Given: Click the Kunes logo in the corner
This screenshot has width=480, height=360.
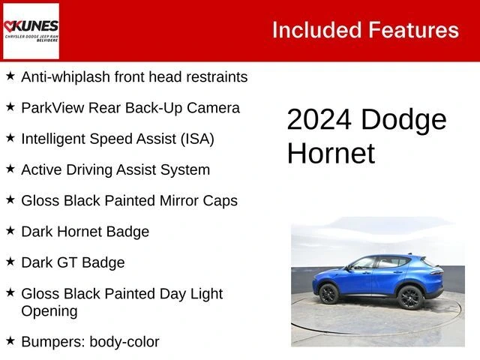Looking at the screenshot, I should coord(31,31).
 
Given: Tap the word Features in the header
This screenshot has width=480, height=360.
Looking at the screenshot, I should coord(414,30).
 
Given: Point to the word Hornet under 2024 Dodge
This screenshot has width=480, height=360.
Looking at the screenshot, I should coord(330,153).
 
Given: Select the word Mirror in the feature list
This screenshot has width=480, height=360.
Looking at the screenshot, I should coord(181,200).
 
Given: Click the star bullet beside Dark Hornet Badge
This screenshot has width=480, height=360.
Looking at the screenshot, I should coord(10,230).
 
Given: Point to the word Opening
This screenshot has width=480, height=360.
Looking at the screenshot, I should coord(49,310).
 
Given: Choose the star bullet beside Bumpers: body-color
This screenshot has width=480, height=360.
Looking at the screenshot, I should coord(10,340).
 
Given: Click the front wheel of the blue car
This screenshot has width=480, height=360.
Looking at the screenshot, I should coord(328,293).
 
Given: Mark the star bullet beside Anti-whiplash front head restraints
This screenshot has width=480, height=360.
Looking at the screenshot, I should coord(10,76).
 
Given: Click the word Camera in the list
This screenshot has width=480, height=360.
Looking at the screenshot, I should coord(213,107).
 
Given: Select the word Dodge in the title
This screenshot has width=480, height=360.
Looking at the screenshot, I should coord(403,120).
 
